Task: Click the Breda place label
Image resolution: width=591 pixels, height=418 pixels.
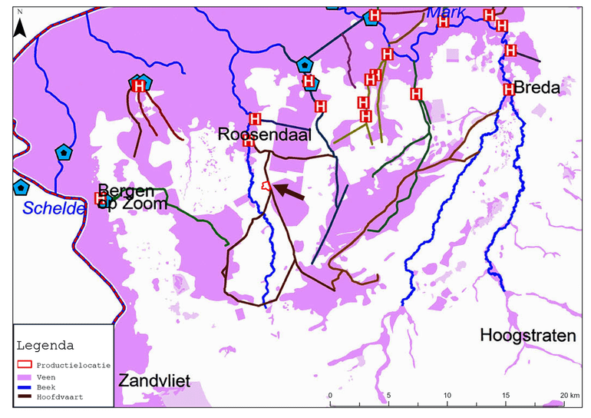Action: (x=537, y=88)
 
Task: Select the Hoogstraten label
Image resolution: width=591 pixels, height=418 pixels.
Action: (x=527, y=335)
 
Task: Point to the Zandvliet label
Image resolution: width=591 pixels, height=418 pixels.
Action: (x=154, y=380)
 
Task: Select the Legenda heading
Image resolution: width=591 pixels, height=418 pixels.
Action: (x=45, y=344)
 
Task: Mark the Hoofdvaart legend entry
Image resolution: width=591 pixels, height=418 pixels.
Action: (x=54, y=397)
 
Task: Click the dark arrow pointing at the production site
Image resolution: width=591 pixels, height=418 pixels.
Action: (x=289, y=191)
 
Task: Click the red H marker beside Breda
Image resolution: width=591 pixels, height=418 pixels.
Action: (x=508, y=90)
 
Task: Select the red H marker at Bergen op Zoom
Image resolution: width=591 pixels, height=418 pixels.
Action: (x=100, y=198)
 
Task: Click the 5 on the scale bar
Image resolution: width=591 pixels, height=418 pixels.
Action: (x=388, y=395)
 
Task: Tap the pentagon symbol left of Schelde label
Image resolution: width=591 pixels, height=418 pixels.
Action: (x=19, y=187)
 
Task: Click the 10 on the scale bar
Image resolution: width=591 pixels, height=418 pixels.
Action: (x=447, y=395)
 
